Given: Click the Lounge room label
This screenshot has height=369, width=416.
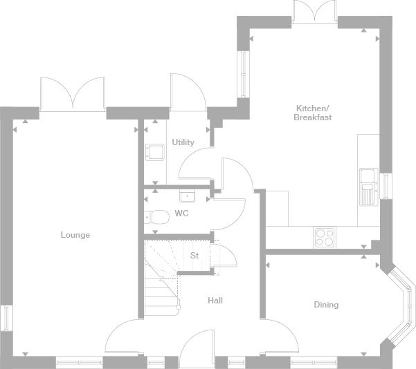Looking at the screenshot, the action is [x=75, y=235].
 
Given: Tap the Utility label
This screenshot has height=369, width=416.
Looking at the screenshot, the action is [x=183, y=142].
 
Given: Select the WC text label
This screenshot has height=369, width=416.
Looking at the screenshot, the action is [x=182, y=214].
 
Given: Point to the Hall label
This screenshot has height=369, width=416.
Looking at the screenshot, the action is [x=215, y=301].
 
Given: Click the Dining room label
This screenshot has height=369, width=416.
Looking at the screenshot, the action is [x=326, y=305].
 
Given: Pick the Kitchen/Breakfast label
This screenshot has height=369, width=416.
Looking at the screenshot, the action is [x=313, y=113].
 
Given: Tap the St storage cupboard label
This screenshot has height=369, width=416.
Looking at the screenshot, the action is [x=195, y=256].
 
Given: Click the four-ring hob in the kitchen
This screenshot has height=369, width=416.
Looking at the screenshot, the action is [x=325, y=237].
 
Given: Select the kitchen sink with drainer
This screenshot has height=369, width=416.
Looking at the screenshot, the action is [x=369, y=187].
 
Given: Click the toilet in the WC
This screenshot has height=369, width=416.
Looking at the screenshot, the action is [x=156, y=217].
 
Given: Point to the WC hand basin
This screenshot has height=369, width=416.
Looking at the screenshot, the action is [x=187, y=196].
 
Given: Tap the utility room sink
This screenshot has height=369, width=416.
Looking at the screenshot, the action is [x=154, y=152].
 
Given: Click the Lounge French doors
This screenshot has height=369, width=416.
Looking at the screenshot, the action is [x=73, y=95].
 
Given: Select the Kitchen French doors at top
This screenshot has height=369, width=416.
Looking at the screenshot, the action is [x=315, y=12].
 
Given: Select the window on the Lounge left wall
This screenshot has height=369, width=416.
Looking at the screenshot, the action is [x=6, y=318].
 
